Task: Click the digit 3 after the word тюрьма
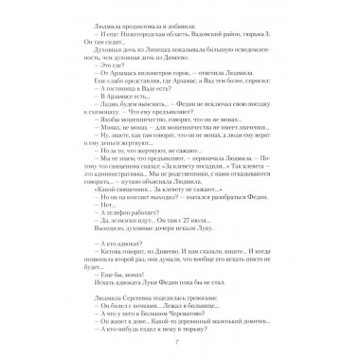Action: (x=257, y=31)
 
